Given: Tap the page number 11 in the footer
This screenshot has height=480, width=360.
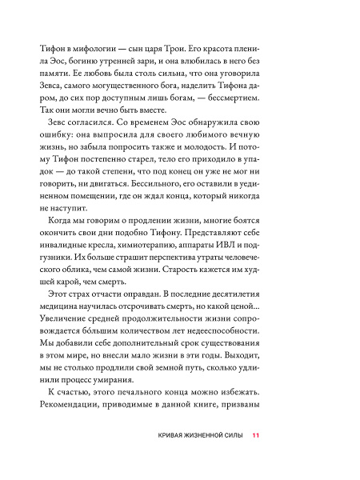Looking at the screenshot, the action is click(x=255, y=458).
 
